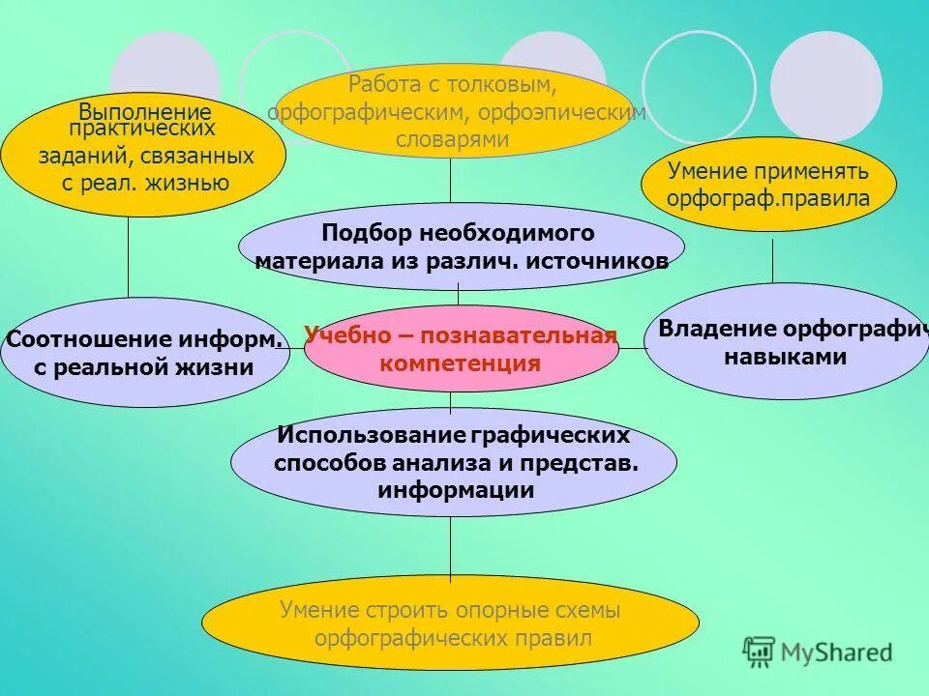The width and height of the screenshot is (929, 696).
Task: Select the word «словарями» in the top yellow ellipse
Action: tap(452, 139)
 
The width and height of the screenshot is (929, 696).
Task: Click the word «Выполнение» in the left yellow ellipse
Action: tap(145, 110)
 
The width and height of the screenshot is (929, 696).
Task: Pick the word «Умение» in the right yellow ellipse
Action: tap(707, 171)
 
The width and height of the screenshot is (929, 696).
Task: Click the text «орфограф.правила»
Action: tap(768, 198)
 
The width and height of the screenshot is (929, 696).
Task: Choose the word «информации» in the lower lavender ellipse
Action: tap(456, 489)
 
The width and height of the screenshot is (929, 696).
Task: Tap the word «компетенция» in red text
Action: tap(460, 363)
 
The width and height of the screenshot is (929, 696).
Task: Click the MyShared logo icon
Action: tap(759, 652)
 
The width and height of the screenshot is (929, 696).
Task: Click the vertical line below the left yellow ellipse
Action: tap(129, 256)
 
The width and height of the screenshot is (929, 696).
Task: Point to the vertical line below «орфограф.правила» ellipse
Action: tap(772, 260)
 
